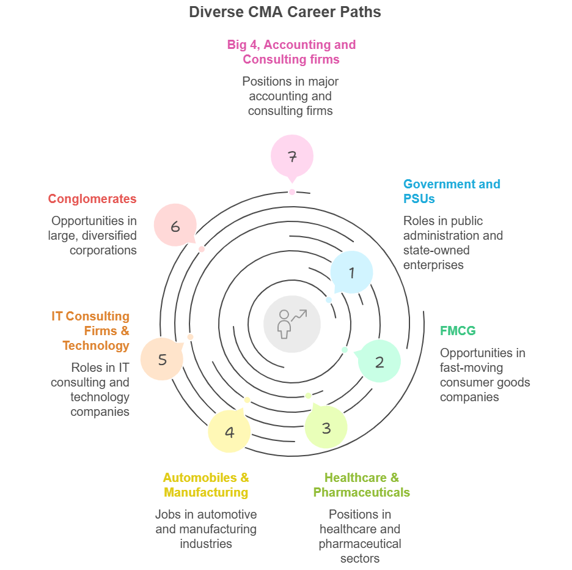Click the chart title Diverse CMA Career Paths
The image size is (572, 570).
pyautogui.click(x=285, y=12)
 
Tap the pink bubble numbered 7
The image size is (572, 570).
pyautogui.click(x=292, y=156)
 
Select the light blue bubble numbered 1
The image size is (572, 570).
pyautogui.click(x=351, y=272)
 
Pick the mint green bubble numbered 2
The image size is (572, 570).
pyautogui.click(x=379, y=361)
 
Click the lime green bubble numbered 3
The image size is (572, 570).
pyautogui.click(x=326, y=427)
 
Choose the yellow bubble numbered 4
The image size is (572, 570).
pyautogui.click(x=229, y=432)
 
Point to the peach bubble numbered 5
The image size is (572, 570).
pyautogui.click(x=162, y=359)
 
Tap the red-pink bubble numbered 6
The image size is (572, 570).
pyautogui.click(x=175, y=226)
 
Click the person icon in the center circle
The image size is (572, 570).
pyautogui.click(x=284, y=324)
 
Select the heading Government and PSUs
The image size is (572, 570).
pyautogui.click(x=452, y=191)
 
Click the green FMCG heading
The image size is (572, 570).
pyautogui.click(x=458, y=331)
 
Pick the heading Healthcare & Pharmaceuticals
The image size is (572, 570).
pyautogui.click(x=361, y=485)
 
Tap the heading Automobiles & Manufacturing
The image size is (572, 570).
pyautogui.click(x=206, y=485)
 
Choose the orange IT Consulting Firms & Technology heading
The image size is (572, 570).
pyautogui.click(x=90, y=331)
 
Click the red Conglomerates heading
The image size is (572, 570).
pyautogui.click(x=92, y=199)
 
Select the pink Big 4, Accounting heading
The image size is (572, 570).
pyautogui.click(x=291, y=52)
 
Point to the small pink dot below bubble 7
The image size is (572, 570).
pyautogui.click(x=292, y=191)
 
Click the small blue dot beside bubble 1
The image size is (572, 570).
pyautogui.click(x=329, y=300)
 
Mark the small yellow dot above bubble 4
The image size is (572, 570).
pyautogui.click(x=247, y=400)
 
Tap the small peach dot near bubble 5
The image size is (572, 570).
pyautogui.click(x=190, y=337)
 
